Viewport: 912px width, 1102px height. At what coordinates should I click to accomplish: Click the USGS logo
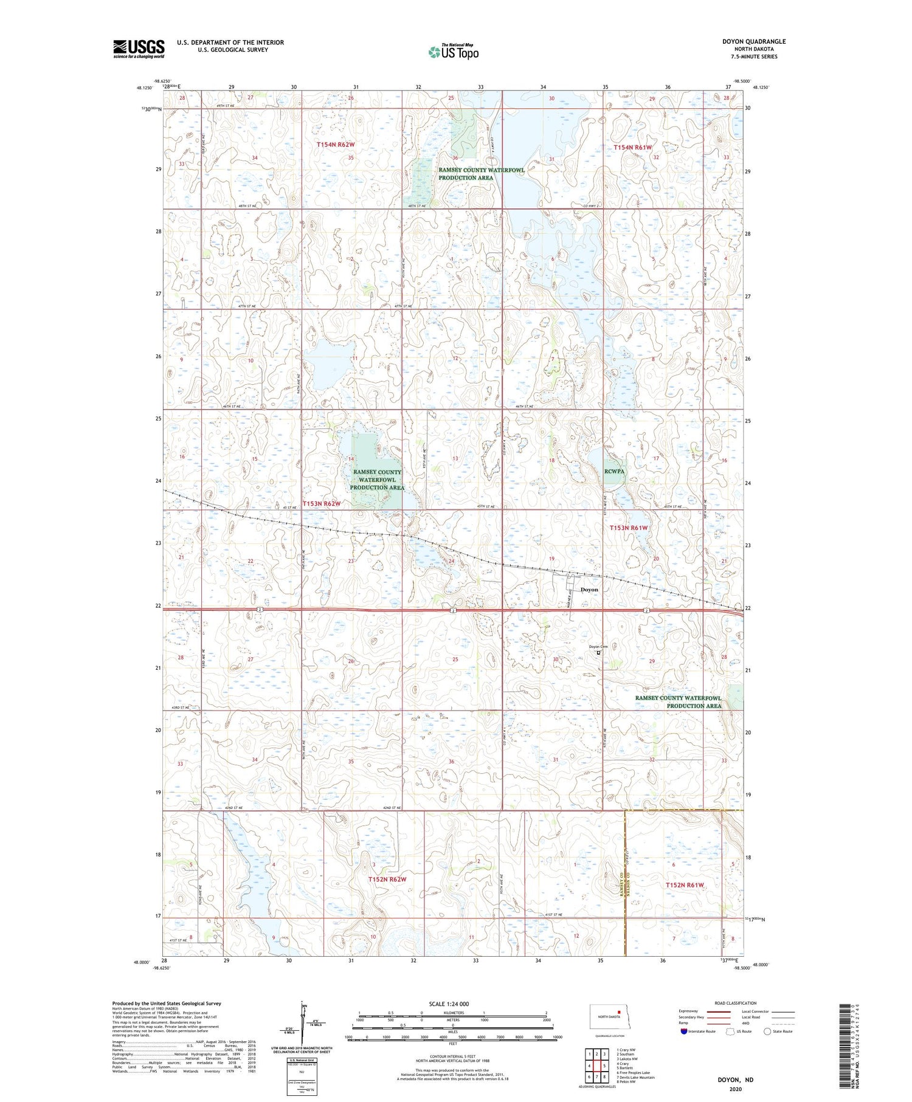(x=139, y=49)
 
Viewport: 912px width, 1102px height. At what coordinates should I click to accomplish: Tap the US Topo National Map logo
(x=453, y=52)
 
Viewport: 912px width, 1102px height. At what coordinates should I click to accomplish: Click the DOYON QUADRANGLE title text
(x=753, y=41)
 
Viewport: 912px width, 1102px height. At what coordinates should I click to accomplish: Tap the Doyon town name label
(x=589, y=590)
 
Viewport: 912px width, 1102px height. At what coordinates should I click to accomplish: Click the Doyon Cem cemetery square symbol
(x=598, y=653)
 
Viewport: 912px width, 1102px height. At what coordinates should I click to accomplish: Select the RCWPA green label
(x=614, y=470)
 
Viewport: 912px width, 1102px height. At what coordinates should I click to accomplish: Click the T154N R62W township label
(x=335, y=145)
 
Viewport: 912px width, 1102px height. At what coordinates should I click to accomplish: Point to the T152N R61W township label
(x=685, y=885)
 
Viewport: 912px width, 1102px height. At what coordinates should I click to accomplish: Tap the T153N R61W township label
(x=629, y=528)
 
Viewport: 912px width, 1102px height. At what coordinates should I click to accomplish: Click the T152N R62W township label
(x=387, y=880)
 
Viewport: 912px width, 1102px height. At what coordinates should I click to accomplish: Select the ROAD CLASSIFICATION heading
(x=736, y=1003)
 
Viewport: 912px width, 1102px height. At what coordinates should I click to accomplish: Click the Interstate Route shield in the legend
(x=684, y=1031)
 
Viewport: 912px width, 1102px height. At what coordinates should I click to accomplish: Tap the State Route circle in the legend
(x=767, y=1031)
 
